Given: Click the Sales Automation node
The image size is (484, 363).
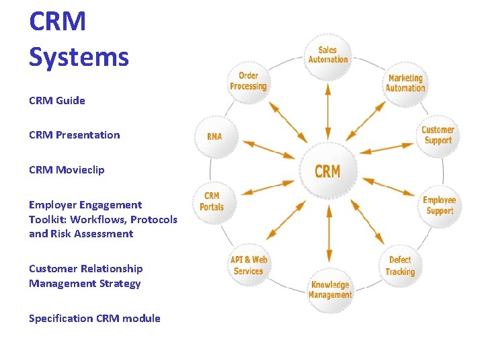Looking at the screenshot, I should [328, 54].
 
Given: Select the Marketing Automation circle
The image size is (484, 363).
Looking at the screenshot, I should [405, 83].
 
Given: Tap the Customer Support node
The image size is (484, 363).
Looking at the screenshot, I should [438, 135].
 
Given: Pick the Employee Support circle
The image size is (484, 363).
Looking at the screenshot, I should [440, 206].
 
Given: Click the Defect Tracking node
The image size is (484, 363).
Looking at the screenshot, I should [400, 266].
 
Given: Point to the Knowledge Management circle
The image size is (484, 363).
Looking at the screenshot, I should [329, 290].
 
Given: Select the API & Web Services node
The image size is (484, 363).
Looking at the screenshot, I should [249, 266].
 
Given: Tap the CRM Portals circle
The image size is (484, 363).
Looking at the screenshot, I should [212, 201].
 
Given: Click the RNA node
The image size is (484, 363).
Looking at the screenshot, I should [214, 136].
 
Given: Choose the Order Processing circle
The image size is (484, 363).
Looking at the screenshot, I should [248, 81].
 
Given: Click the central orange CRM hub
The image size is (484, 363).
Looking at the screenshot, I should [328, 171].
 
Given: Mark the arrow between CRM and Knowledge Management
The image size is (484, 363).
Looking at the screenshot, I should [329, 234].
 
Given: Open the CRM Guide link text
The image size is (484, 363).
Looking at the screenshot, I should [57, 101].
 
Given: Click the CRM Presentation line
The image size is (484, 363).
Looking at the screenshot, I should [75, 135].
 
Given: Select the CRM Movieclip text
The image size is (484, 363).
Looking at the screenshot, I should [67, 170].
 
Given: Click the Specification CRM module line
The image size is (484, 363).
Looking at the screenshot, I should [95, 319].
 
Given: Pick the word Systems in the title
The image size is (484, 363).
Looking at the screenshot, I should [79, 56].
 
